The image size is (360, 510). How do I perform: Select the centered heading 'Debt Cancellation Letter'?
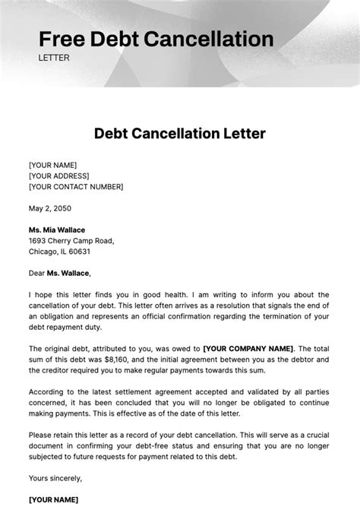click(179, 135)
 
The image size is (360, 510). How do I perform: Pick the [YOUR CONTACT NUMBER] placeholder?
click(75, 187)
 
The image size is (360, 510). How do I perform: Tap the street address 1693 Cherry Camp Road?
click(71, 241)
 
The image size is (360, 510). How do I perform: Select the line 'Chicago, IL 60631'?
click(59, 252)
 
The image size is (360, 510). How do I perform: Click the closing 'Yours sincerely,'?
click(55, 478)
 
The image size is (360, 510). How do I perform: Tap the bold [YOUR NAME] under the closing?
click(52, 499)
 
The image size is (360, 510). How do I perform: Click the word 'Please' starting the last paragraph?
click(42, 435)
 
